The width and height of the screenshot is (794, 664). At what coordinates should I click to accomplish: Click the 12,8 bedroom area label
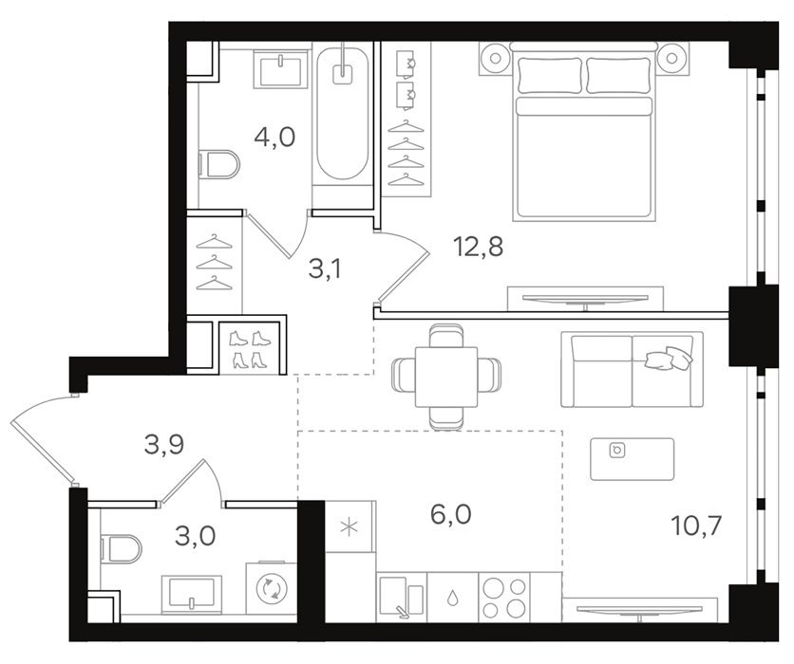pyautogui.click(x=479, y=248)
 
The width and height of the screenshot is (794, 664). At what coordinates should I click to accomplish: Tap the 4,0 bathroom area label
pyautogui.click(x=275, y=137)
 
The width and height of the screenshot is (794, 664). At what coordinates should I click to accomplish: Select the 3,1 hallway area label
pyautogui.click(x=325, y=268)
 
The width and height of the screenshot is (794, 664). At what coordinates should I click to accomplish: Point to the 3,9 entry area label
pyautogui.click(x=164, y=445)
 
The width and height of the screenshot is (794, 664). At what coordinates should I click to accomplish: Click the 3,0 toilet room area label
pyautogui.click(x=196, y=536)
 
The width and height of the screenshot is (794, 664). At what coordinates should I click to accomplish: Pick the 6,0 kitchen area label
pyautogui.click(x=451, y=515)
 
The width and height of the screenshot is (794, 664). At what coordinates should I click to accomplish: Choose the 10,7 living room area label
pyautogui.click(x=696, y=526)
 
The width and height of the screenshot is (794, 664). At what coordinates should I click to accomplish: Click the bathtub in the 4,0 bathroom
pyautogui.click(x=342, y=113)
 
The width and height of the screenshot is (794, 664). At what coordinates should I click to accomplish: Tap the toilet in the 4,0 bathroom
pyautogui.click(x=218, y=164)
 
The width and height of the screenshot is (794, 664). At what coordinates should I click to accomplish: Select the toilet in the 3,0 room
pyautogui.click(x=121, y=548)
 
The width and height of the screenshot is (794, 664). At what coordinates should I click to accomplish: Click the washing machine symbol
pyautogui.click(x=271, y=589)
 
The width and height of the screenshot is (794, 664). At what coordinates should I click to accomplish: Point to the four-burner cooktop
pyautogui.click(x=503, y=598)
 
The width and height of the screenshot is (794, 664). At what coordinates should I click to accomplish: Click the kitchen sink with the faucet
pyautogui.click(x=402, y=598)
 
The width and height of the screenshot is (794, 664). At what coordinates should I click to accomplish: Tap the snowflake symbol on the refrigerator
pyautogui.click(x=349, y=526)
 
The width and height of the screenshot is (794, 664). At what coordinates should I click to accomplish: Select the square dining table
pyautogui.click(x=446, y=377)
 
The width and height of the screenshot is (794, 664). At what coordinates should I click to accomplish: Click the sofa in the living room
pyautogui.click(x=632, y=370)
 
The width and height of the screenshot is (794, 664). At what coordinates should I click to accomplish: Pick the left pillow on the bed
pyautogui.click(x=549, y=75)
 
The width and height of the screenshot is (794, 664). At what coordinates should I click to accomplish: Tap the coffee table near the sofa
pyautogui.click(x=632, y=459)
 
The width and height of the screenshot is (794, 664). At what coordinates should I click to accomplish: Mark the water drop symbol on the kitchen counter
pyautogui.click(x=452, y=599)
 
